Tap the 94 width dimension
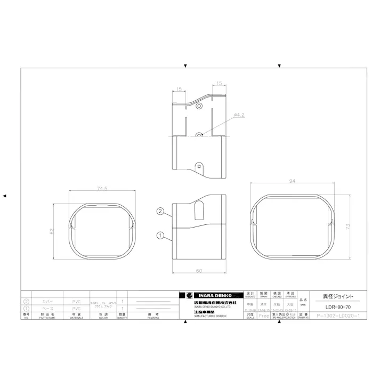(292, 181)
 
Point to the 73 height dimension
(346, 227)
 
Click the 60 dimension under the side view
(198, 271)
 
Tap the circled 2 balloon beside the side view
(159, 211)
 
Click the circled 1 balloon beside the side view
(159, 235)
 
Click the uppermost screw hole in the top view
(199, 107)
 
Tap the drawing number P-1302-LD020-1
(338, 316)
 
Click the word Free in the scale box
(264, 316)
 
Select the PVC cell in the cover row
(76, 302)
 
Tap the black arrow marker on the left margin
(5, 196)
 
